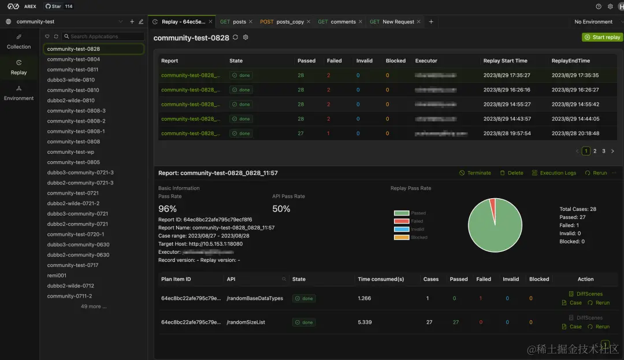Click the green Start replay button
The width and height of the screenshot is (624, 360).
pos(602,37)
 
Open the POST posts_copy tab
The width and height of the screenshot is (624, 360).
pos(282,22)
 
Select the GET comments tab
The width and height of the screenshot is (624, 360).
pos(338,22)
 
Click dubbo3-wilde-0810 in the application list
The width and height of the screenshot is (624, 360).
pos(70,80)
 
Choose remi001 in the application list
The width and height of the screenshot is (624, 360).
pos(57,276)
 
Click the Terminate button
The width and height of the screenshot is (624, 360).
pos(475,173)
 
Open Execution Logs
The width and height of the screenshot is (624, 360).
pos(554,173)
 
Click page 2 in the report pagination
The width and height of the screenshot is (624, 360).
pos(595,151)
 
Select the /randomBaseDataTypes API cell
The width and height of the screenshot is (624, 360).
pos(254,298)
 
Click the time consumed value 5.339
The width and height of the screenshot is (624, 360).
pos(365,322)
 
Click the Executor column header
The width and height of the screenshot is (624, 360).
pos(426,61)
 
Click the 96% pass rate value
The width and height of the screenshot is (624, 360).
pos(168,209)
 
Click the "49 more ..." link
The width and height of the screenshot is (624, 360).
pos(94,306)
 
